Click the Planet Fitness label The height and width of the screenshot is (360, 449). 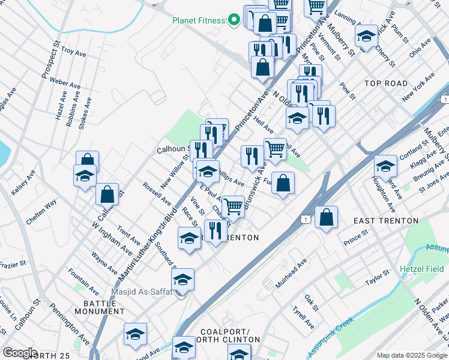(198, 20)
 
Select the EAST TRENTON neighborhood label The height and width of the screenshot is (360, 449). (386, 221)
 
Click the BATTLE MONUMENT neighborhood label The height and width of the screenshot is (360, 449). (100, 307)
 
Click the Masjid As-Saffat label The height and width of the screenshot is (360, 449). (141, 292)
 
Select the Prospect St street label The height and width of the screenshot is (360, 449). (51, 59)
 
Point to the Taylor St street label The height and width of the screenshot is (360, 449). (378, 277)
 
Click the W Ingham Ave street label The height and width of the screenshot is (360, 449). (112, 238)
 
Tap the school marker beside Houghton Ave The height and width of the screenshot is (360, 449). (385, 167)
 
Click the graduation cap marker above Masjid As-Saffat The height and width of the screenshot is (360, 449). (182, 279)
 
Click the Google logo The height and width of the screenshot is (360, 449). (19, 353)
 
